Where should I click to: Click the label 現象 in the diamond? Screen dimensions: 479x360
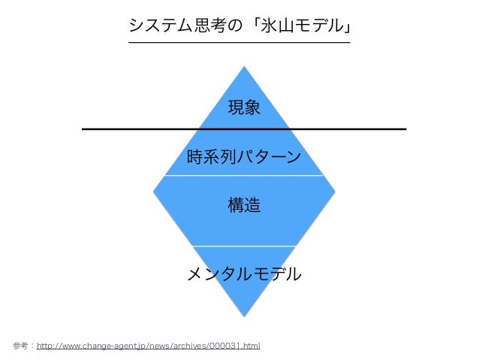244,108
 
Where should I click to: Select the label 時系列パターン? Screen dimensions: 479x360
244,157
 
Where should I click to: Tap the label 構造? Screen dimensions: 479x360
244,204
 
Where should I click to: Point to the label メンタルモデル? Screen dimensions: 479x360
244,273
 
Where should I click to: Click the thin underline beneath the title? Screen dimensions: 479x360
239,43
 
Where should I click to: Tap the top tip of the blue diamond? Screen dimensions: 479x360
244,68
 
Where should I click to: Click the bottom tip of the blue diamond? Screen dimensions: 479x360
244,315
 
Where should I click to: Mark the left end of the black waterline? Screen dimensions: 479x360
83,129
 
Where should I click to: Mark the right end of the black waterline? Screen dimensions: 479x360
405,129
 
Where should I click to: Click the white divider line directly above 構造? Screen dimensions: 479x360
244,176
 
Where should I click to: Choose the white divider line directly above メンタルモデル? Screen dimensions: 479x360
244,246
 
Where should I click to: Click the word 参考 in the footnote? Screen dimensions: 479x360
21,346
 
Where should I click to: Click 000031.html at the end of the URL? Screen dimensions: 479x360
236,346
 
